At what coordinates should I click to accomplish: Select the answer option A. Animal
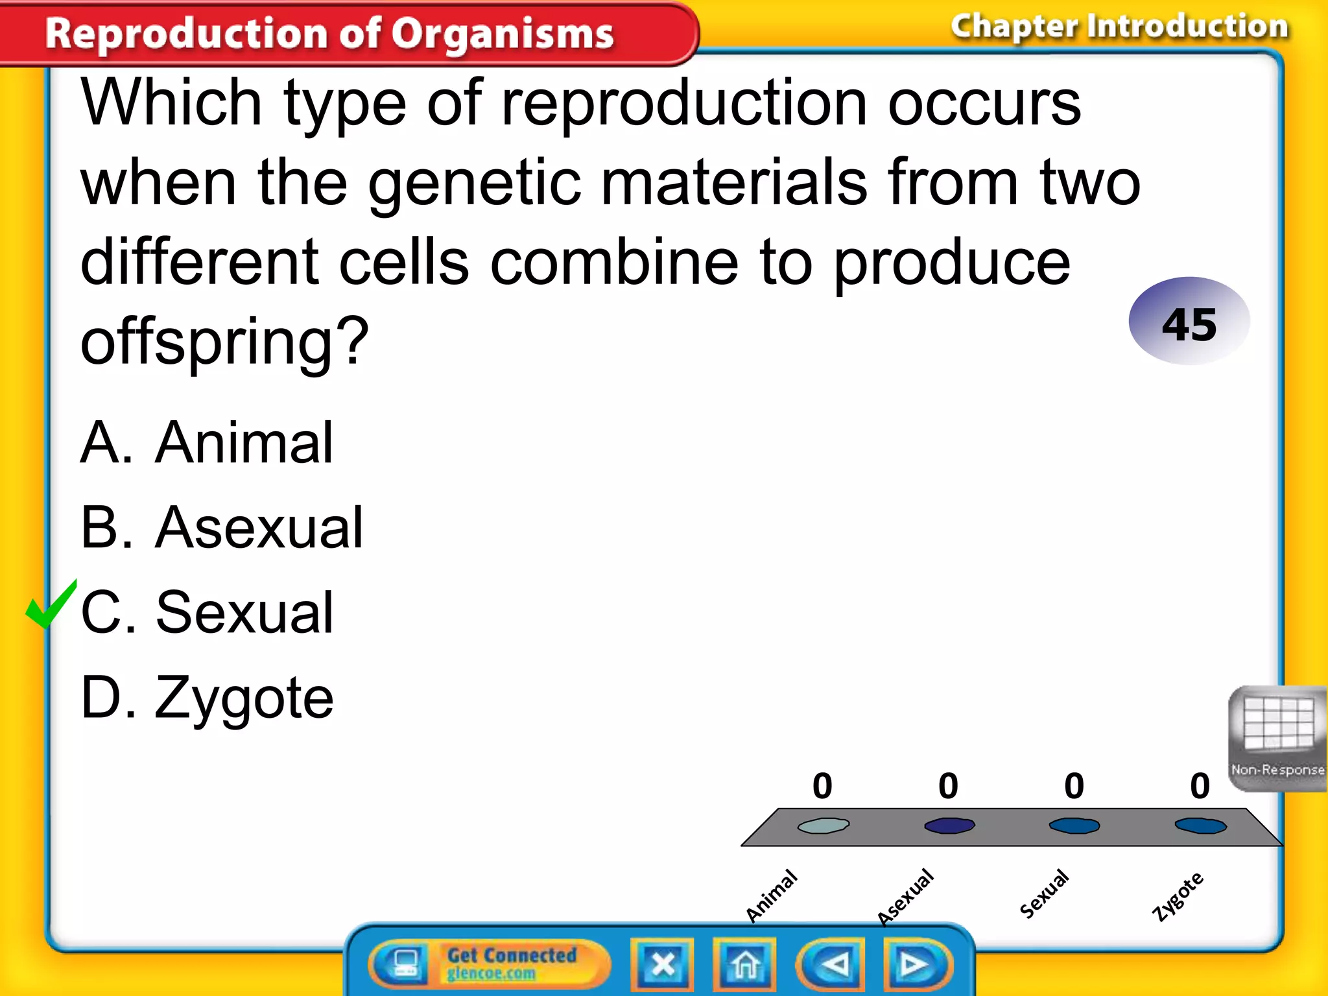tap(206, 444)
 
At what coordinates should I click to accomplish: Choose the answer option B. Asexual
tap(221, 528)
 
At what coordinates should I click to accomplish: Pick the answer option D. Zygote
tap(206, 699)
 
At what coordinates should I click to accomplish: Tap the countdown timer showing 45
tap(1189, 322)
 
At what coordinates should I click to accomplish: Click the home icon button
tap(744, 964)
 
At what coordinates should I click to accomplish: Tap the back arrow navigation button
tap(832, 964)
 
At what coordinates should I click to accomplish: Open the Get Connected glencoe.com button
tap(490, 964)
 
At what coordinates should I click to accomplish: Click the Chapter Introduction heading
tap(1119, 27)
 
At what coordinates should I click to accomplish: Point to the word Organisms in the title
tap(503, 34)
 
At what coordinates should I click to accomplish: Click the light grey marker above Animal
tap(823, 825)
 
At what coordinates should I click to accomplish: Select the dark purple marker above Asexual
tap(949, 825)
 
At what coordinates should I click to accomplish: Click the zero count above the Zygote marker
tap(1200, 786)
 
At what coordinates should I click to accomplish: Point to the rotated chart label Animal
tap(771, 895)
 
